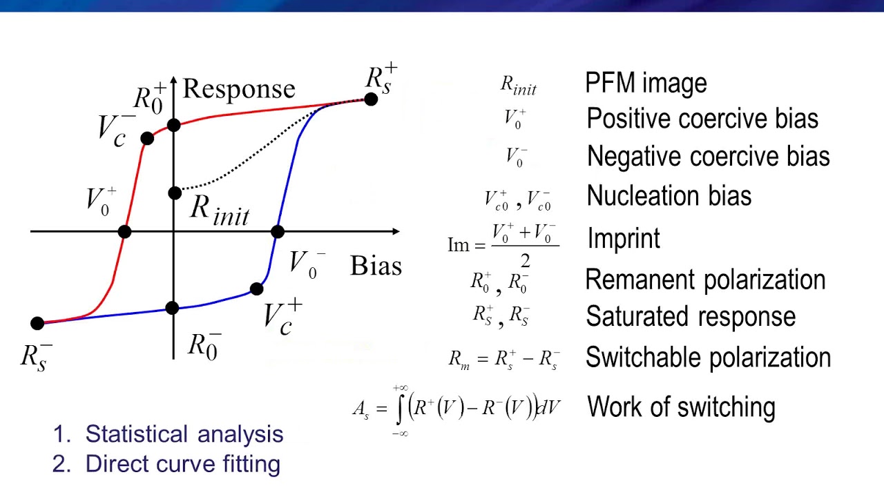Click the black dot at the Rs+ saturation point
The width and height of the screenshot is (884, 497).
coord(371,99)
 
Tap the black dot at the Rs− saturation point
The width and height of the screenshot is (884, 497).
coord(37,323)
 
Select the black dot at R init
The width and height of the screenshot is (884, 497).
coord(175,193)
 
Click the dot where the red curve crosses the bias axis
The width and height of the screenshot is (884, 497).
coord(124,232)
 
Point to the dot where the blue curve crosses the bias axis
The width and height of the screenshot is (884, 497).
coord(277,232)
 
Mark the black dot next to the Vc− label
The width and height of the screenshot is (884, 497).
coord(146,139)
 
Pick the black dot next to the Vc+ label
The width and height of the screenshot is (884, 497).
coord(256,289)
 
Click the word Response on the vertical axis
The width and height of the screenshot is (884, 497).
coord(238,89)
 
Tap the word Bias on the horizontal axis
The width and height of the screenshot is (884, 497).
coord(376,266)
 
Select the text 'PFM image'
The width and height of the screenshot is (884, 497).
coord(646,83)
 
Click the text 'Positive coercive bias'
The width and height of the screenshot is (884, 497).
coord(702,119)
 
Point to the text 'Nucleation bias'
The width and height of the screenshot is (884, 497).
coord(669,196)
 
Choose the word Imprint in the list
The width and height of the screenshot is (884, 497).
coord(624,238)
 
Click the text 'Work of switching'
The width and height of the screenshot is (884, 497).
coord(681,407)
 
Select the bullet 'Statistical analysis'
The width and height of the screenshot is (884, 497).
coord(184,434)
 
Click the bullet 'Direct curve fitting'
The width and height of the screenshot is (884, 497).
coord(182,464)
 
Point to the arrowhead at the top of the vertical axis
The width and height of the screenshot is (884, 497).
coord(173,80)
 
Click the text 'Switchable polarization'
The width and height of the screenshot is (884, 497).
coord(708,358)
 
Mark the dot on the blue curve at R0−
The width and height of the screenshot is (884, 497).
coord(173,308)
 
